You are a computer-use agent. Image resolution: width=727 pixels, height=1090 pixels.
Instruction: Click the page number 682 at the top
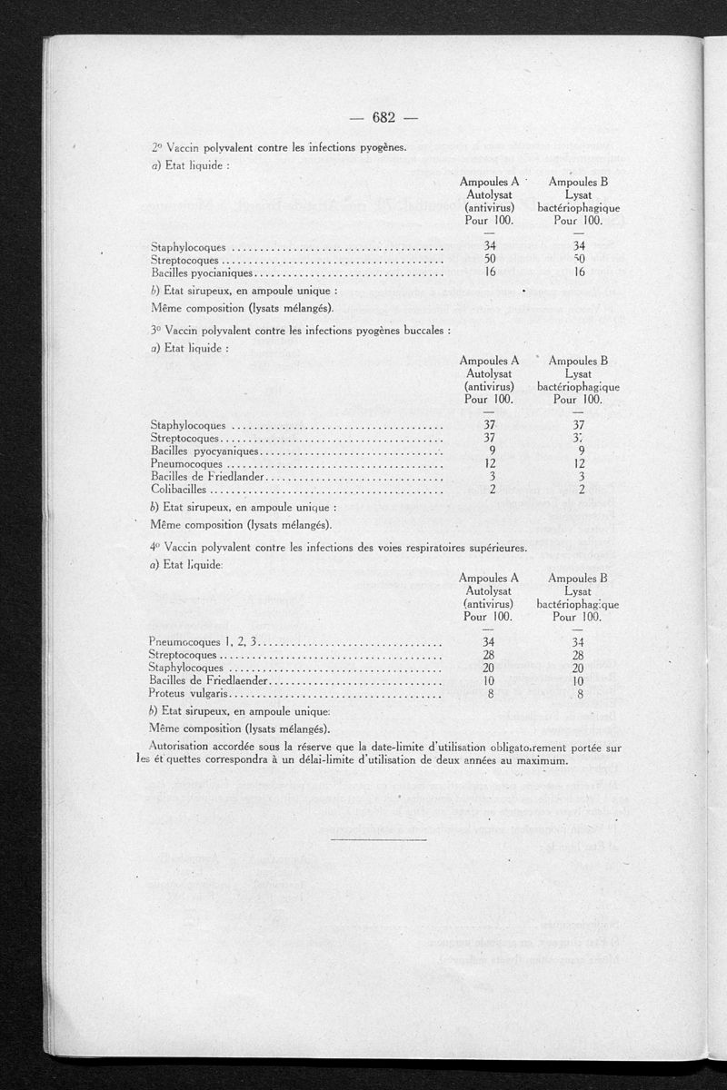tap(382, 116)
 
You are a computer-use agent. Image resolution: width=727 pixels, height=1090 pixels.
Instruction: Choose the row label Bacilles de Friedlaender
tap(209, 680)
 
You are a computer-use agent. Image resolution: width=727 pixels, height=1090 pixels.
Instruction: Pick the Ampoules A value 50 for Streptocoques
tap(489, 260)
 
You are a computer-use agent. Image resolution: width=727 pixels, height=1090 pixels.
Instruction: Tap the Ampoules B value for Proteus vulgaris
tap(578, 694)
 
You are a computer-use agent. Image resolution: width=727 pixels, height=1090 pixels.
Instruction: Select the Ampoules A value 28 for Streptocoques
tap(489, 655)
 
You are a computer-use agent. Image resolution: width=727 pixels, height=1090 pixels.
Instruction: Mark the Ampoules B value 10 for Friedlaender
tap(578, 680)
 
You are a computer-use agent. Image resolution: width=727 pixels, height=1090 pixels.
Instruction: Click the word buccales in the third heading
tap(423, 330)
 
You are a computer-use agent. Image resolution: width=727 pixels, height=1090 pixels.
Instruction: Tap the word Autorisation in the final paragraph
tap(184, 747)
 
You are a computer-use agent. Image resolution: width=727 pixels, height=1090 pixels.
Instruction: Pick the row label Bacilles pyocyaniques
tap(205, 451)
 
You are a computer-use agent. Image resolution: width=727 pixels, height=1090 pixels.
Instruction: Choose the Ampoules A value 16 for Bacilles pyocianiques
tap(489, 272)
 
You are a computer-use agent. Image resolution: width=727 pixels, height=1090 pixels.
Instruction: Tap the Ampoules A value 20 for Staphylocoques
tap(489, 668)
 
